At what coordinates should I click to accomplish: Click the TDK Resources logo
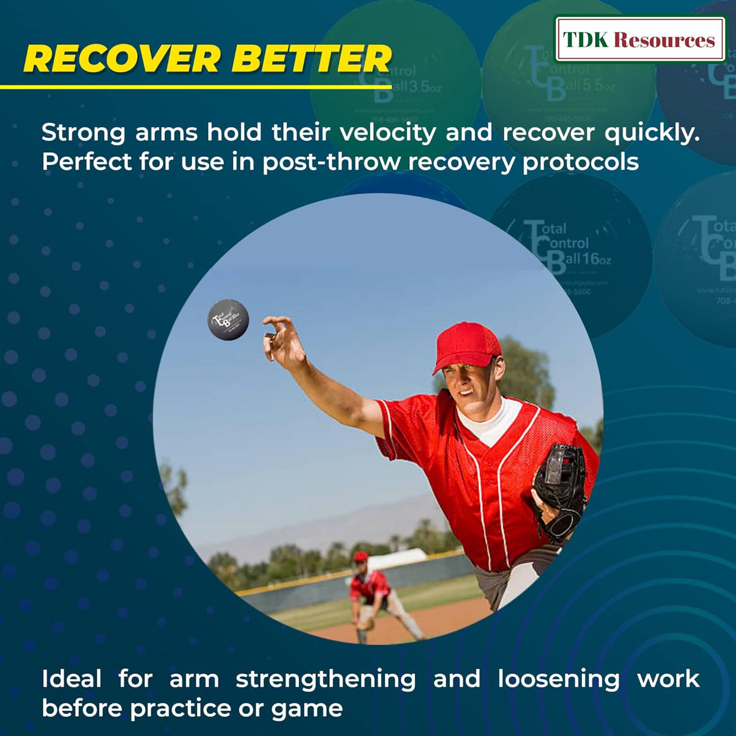(639, 40)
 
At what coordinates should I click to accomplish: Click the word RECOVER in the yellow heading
(121, 59)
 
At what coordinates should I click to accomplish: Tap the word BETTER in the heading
(312, 59)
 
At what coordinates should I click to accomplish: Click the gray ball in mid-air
(228, 319)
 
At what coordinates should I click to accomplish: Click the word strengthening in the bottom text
(326, 679)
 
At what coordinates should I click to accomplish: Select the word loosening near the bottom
(558, 679)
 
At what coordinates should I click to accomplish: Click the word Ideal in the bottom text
(72, 679)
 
